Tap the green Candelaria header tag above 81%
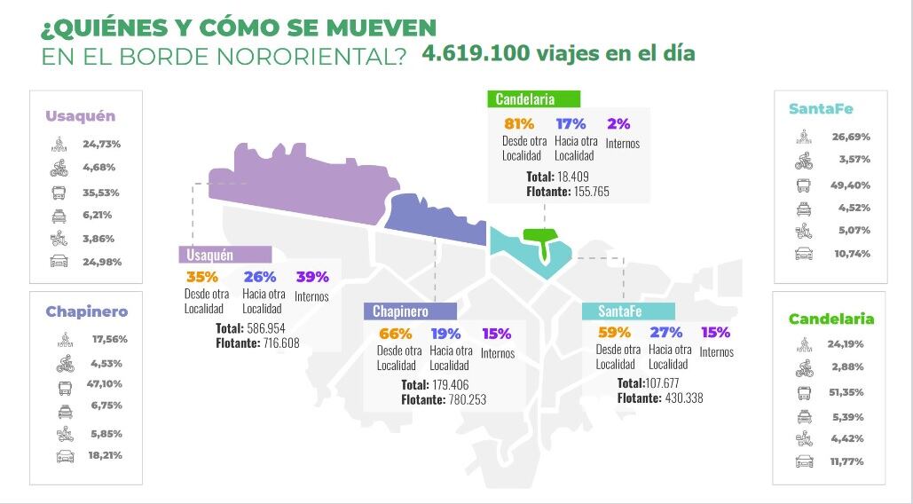(532, 98)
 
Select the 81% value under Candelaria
(519, 124)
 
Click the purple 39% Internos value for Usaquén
(311, 277)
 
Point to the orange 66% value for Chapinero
(395, 334)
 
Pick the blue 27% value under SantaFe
(665, 333)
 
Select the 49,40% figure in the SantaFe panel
(851, 185)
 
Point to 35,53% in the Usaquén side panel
(101, 193)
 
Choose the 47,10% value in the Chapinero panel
(104, 384)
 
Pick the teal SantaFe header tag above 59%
(627, 311)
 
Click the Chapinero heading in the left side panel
(87, 311)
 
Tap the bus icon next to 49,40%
(804, 186)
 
